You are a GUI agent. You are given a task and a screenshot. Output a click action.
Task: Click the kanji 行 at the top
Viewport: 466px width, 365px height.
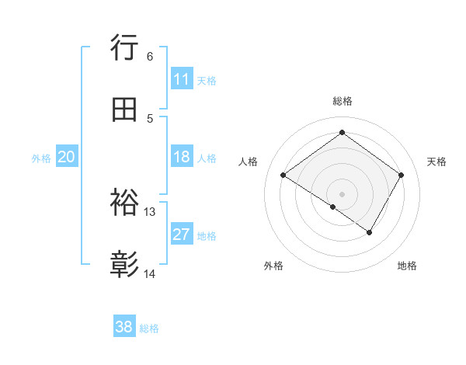click(124, 48)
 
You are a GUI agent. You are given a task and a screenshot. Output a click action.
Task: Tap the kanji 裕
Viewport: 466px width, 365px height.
click(124, 203)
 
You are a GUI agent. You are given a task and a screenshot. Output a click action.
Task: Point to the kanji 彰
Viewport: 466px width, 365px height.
click(124, 266)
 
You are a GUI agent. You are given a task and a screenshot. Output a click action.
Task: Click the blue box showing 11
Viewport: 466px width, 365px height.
click(182, 79)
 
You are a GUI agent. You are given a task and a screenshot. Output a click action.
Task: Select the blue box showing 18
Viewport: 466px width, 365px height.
click(182, 157)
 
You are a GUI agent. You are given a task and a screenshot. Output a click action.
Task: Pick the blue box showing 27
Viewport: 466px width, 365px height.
click(182, 235)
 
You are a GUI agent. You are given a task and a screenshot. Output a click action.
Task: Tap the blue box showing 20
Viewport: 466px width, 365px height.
click(66, 157)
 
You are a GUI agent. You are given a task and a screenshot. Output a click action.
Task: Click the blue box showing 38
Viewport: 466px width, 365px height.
click(124, 327)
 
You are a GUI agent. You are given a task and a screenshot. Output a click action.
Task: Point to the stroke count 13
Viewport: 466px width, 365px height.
click(150, 211)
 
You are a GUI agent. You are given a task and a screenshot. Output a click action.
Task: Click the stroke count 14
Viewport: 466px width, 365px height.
click(150, 273)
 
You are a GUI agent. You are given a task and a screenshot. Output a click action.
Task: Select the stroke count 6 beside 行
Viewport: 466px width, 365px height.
click(150, 56)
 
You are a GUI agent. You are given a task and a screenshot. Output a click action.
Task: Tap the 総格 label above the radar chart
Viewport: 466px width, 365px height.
click(342, 101)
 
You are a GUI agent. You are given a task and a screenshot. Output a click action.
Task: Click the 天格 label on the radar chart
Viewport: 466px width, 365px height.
click(436, 162)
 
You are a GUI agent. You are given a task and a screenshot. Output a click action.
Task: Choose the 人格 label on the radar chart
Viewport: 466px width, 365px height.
click(249, 162)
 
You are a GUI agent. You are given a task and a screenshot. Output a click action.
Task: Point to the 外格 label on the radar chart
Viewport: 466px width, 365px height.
click(273, 266)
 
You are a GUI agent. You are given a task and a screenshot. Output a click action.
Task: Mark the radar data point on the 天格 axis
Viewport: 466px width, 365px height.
click(401, 176)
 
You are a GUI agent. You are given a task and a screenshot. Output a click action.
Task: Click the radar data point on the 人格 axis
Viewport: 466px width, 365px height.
click(283, 176)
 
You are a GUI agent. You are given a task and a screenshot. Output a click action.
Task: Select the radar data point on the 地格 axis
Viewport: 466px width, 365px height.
click(370, 232)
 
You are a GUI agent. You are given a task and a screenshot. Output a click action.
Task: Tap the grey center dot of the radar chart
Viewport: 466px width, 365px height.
click(342, 193)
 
